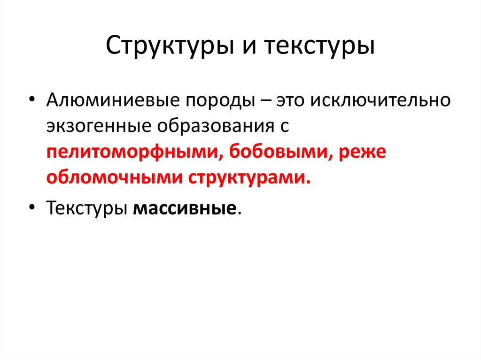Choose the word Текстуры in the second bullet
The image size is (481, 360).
pos(86,207)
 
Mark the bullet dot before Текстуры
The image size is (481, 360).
pos(31,207)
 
